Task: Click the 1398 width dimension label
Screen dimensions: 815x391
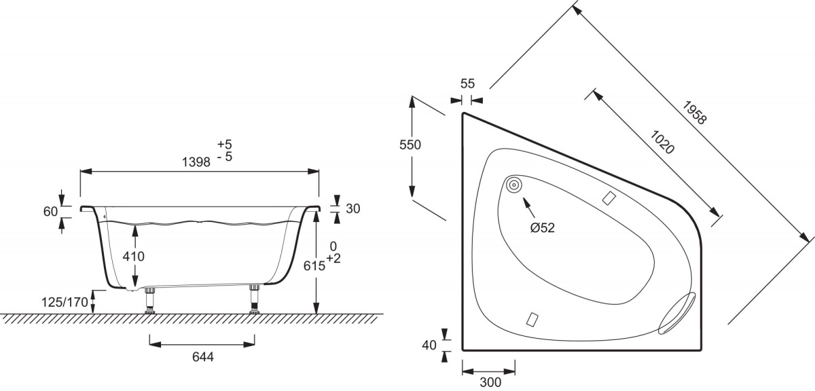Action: (196, 162)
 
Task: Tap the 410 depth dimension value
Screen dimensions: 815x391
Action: (134, 257)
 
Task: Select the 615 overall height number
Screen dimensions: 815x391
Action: (314, 266)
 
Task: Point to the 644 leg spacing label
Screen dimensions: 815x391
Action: (203, 357)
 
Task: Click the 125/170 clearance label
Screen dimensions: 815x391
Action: (65, 302)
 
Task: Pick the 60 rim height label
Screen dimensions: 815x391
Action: (50, 211)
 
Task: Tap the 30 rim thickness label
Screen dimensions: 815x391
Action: (353, 209)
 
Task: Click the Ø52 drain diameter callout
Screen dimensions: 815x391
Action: (543, 228)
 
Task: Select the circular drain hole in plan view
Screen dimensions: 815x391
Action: (513, 185)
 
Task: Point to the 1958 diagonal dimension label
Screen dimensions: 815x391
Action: (695, 113)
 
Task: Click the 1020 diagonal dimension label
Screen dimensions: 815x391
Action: (662, 142)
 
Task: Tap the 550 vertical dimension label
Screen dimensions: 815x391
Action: (410, 145)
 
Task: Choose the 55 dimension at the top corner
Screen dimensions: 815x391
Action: (467, 83)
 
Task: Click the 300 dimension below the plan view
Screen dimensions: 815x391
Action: (490, 382)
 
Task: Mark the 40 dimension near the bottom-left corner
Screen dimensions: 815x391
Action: (429, 345)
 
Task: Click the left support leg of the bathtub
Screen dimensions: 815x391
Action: (150, 301)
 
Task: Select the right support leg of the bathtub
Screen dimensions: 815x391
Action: (254, 299)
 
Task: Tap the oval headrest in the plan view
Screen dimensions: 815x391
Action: (676, 313)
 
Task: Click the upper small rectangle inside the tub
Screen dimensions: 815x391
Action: (609, 198)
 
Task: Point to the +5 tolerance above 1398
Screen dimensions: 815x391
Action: (225, 145)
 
